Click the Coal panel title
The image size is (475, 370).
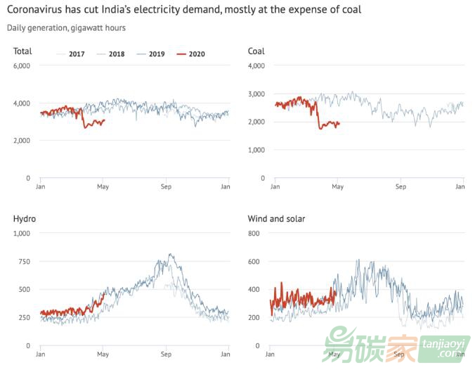pos(256,51)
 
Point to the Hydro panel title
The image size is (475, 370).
pos(25,219)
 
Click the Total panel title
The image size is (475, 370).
pos(22,51)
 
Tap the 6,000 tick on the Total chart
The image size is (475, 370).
pos(22,66)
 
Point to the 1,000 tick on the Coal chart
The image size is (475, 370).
pos(256,151)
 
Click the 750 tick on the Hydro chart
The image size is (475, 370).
pos(24,262)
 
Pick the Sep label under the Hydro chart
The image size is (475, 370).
pos(166,354)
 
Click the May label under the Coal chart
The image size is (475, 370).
pos(338,187)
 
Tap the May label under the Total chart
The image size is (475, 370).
pos(103,187)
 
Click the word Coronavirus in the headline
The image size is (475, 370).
pos(40,11)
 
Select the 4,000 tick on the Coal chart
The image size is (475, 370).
pos(256,66)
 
